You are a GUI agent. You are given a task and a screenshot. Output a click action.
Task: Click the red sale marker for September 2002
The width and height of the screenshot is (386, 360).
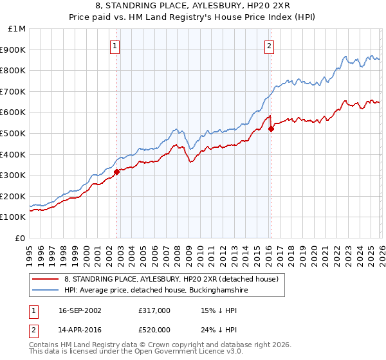[117, 172]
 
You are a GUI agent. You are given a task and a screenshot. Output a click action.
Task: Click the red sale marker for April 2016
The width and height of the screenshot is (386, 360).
[271, 129]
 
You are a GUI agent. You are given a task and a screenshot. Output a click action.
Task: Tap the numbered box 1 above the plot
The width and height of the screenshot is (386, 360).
[115, 46]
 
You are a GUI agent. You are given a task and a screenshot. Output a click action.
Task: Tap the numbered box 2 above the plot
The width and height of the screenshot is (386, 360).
[268, 46]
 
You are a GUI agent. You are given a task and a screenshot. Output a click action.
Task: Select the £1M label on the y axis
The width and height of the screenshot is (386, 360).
[17, 28]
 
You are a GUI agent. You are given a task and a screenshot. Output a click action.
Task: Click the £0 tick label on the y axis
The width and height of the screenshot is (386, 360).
[21, 238]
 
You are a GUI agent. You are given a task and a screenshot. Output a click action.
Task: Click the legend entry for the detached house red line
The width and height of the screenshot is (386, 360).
[170, 279]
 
